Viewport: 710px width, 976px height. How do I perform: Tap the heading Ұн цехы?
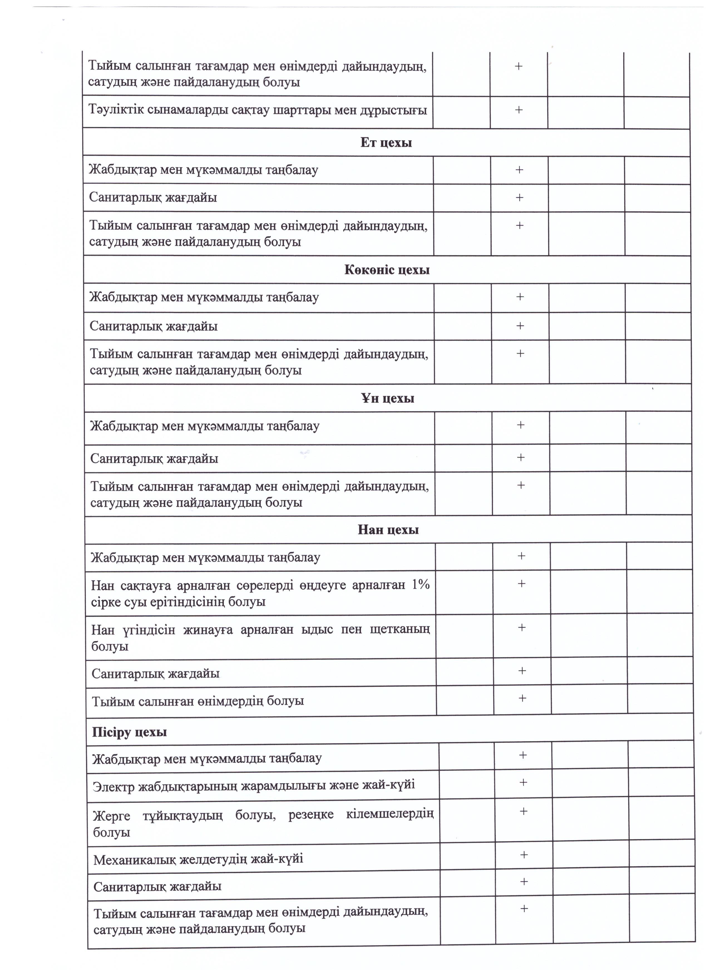coord(388,398)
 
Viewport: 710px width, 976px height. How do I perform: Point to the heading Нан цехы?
coord(388,529)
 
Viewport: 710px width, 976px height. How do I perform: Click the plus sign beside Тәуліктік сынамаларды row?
coord(519,110)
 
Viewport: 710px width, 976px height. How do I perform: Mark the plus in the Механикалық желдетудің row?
coord(524,855)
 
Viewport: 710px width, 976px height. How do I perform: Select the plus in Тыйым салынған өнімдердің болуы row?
coord(522,698)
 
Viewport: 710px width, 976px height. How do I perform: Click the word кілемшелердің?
coord(390,814)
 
